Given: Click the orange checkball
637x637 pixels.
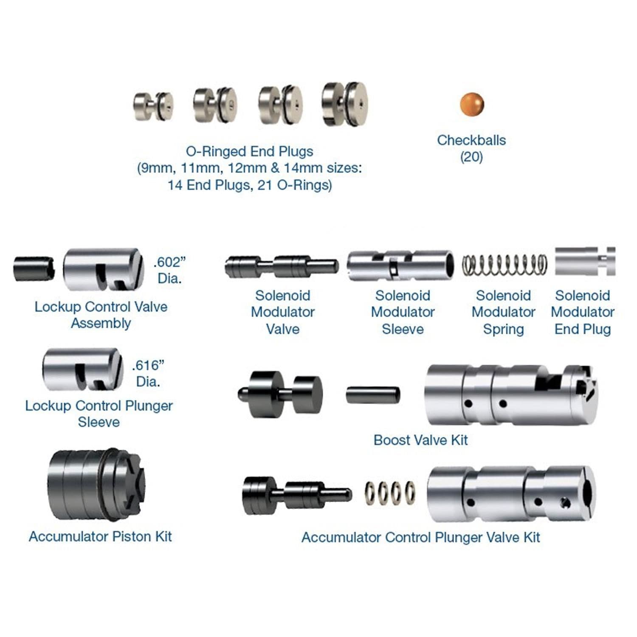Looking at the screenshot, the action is click(471, 104).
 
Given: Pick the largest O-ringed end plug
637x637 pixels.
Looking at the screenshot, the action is click(344, 104).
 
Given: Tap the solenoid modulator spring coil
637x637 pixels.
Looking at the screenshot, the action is click(505, 265).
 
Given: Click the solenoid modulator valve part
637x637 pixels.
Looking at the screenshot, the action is click(282, 266).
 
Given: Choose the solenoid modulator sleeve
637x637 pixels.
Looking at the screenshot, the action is click(400, 265).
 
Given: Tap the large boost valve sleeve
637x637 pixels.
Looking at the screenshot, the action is click(511, 395).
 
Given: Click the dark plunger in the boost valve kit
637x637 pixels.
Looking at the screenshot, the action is click(280, 394).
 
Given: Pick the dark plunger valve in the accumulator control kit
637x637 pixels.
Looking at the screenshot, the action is click(297, 494).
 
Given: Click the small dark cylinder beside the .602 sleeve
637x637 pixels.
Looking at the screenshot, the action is click(34, 268).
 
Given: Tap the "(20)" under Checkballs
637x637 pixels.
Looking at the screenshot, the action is click(471, 157).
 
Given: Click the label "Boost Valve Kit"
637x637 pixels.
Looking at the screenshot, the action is click(420, 440).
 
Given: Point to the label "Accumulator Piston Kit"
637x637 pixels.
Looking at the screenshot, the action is click(100, 536).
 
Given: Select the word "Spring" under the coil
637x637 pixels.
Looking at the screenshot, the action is click(504, 330).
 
